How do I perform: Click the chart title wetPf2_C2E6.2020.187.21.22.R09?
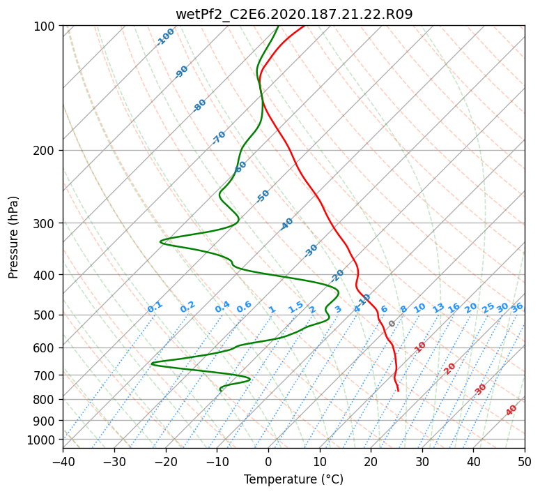(294, 15)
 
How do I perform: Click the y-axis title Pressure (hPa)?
(13, 237)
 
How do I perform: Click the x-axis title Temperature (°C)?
(294, 479)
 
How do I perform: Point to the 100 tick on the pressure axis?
(45, 26)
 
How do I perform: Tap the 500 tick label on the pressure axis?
(45, 315)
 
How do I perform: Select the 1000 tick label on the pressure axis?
(41, 440)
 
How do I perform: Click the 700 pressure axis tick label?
(45, 375)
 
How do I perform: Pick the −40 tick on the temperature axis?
(63, 461)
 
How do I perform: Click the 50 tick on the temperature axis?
(525, 461)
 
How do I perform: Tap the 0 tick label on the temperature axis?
(269, 461)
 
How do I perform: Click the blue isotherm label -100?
(165, 37)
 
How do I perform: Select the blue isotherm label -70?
(219, 137)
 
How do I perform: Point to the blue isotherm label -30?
(311, 250)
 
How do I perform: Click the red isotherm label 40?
(511, 410)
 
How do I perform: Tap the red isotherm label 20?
(449, 369)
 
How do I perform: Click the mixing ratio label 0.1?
(155, 307)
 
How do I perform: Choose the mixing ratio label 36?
(517, 308)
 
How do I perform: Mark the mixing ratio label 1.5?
(296, 307)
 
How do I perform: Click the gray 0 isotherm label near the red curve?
(392, 324)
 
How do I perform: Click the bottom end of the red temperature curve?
(399, 391)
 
